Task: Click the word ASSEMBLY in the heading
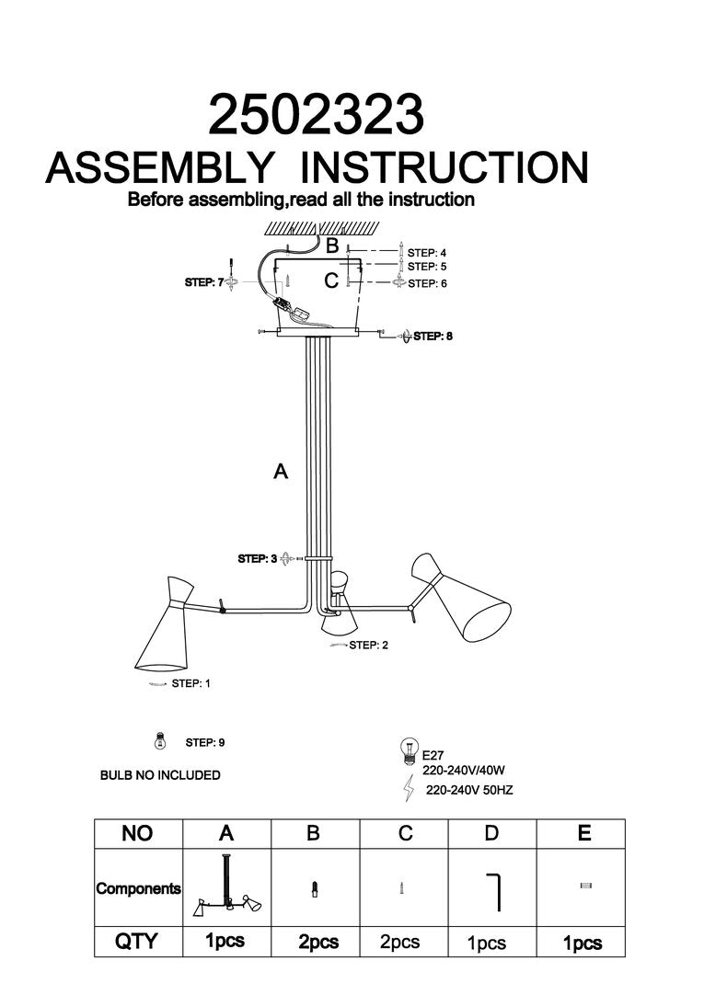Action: [x=160, y=168]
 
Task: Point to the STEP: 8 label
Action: [x=433, y=337]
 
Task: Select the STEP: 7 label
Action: [x=204, y=282]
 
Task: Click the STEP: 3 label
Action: [x=258, y=558]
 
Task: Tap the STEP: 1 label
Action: [x=192, y=683]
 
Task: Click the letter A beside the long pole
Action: [x=281, y=472]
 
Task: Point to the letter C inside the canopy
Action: [x=331, y=281]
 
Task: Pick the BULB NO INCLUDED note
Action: [x=160, y=775]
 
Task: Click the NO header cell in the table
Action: [x=137, y=833]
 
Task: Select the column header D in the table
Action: [x=491, y=833]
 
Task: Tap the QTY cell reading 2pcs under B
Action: [x=317, y=943]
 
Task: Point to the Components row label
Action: [x=139, y=889]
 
